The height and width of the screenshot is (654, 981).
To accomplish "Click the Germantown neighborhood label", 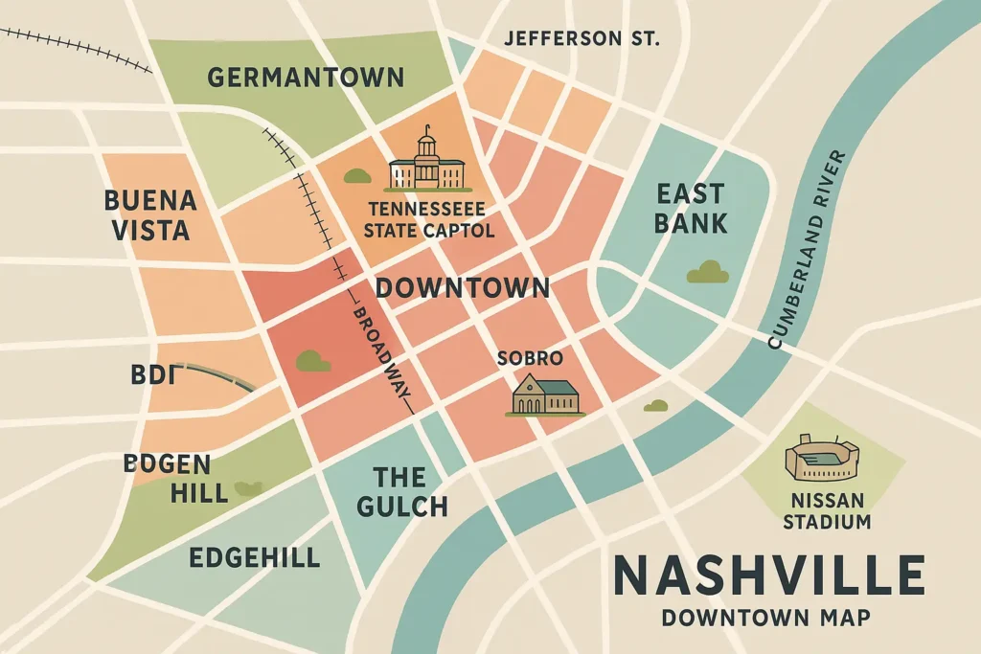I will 306,78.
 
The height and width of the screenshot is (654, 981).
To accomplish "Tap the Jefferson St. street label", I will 582,39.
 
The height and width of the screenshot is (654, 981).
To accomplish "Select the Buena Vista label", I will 149,215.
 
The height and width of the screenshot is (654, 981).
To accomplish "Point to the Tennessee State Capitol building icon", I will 426,163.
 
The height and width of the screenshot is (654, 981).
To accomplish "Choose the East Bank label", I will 691,209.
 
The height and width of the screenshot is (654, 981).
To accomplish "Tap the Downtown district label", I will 463,288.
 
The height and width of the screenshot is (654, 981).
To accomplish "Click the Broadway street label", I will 382,358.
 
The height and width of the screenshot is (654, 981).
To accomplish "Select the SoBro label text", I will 530,358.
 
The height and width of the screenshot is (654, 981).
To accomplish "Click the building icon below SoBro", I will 546,395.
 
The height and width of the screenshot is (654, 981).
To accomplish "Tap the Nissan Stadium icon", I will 822,459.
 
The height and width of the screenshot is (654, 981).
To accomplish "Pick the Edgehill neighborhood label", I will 254,558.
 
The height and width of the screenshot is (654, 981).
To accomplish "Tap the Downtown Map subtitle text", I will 766,618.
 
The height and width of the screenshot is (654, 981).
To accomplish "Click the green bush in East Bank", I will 707,272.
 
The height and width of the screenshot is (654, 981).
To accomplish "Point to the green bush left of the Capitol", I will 357,176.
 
